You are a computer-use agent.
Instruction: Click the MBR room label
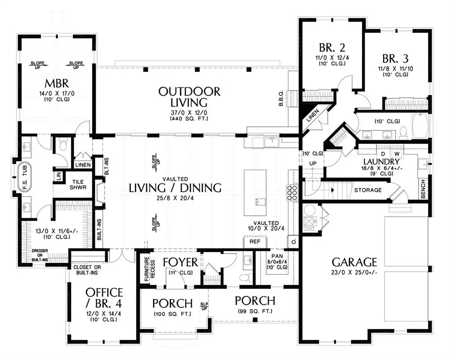point(57,83)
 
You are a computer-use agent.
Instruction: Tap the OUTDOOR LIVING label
point(189,97)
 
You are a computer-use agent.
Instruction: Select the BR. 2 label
point(332,47)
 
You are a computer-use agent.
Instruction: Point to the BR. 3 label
point(395,59)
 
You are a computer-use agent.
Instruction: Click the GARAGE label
point(354,262)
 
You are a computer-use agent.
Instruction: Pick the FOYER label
point(180,262)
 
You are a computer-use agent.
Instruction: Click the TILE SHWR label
point(78,185)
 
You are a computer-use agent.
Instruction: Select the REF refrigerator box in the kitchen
point(255,242)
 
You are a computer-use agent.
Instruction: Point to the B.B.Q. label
point(281,99)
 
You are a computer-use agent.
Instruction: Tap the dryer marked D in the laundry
point(383,154)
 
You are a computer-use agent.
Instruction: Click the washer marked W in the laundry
point(397,154)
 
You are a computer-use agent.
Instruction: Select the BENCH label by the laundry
point(423,189)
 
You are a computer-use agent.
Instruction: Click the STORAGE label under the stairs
point(368,190)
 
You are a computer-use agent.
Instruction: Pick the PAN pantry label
point(277,256)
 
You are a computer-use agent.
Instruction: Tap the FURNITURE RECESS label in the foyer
point(149,269)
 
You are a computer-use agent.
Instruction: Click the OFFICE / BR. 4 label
point(104,297)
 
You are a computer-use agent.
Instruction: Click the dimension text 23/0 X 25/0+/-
point(354,272)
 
